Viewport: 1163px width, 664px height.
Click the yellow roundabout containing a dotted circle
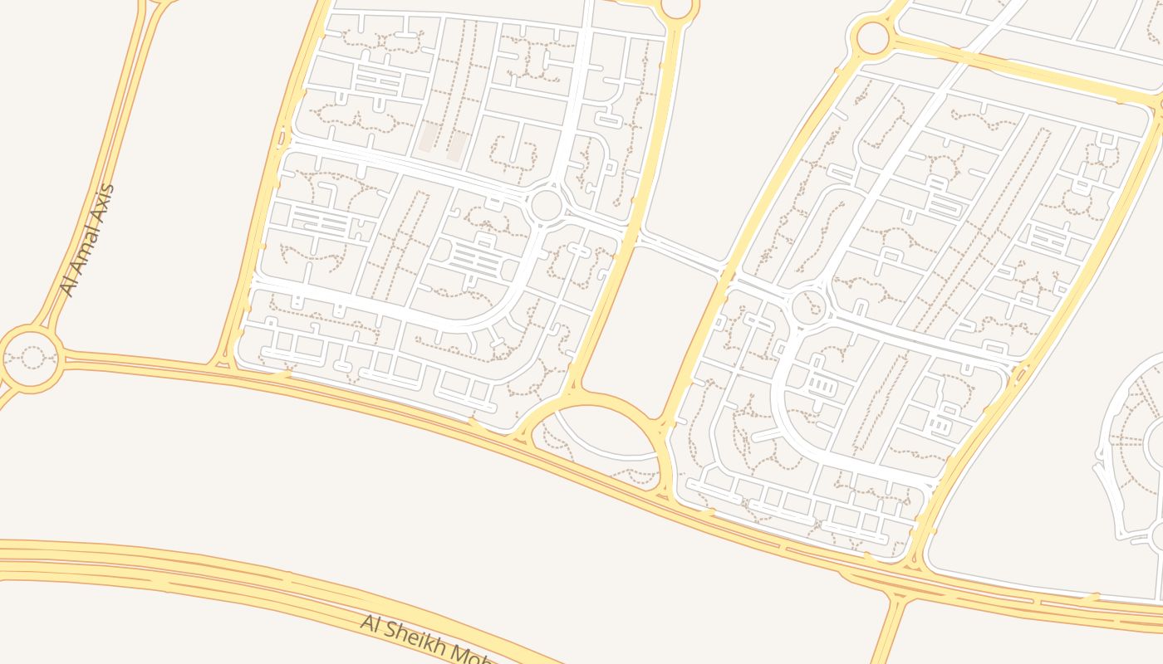[x=32, y=358]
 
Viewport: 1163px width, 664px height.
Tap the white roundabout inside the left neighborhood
[x=546, y=205]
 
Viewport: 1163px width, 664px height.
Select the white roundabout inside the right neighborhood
[x=807, y=306]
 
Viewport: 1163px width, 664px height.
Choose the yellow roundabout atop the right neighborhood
[x=872, y=37]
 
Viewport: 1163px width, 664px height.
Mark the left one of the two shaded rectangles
[x=429, y=138]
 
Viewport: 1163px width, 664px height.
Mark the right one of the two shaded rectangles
[x=456, y=145]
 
